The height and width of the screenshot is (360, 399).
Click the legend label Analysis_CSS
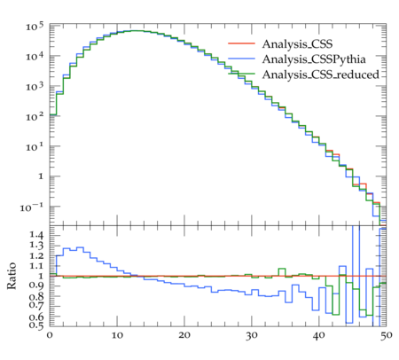(297, 44)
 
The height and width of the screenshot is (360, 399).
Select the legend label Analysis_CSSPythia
(314, 59)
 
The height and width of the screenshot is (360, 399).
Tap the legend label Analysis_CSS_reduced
(320, 74)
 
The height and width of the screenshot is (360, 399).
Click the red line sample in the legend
(241, 43)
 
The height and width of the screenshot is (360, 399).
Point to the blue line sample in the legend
(241, 59)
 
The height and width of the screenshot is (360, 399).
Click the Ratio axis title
(12, 276)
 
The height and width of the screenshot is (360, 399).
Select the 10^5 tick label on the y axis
(35, 27)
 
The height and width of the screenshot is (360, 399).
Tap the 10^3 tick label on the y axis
(35, 87)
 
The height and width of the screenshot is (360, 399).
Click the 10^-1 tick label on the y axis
(32, 207)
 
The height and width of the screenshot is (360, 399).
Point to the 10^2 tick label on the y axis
(35, 117)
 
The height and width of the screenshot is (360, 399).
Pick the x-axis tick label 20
(184, 335)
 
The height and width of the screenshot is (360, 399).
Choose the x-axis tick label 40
(319, 335)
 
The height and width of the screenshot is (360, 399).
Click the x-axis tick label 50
(386, 335)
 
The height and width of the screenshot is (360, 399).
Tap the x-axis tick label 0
(50, 335)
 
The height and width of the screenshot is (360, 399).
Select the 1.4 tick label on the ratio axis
(36, 235)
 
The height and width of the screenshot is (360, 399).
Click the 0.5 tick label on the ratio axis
(36, 325)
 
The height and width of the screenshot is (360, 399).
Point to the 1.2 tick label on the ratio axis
(36, 255)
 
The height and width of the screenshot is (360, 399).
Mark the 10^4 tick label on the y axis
(35, 57)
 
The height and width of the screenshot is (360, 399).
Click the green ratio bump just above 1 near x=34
(282, 269)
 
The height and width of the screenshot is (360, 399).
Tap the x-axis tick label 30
(252, 335)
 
